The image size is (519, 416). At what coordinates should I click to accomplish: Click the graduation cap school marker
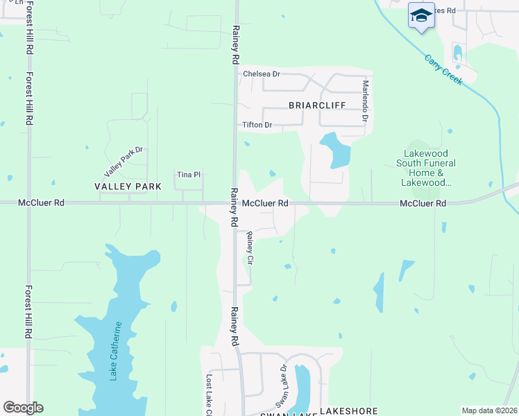click(x=420, y=15)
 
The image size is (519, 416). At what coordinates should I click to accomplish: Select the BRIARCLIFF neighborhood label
click(x=317, y=105)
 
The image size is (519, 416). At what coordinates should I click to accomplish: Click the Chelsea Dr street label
click(x=261, y=73)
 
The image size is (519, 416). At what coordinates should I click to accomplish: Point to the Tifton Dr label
click(x=257, y=125)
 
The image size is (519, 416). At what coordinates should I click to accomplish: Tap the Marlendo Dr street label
click(x=365, y=101)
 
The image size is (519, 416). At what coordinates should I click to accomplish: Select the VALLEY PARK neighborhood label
click(x=128, y=187)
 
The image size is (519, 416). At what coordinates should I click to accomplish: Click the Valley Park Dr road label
click(x=123, y=161)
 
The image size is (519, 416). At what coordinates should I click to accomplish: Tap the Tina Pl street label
click(x=189, y=175)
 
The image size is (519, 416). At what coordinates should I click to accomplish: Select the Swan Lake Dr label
click(x=282, y=385)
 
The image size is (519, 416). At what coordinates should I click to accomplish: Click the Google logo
click(x=23, y=408)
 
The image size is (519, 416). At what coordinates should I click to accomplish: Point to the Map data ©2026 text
click(x=489, y=410)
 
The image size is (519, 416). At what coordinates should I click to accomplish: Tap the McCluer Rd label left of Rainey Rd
click(x=41, y=203)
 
